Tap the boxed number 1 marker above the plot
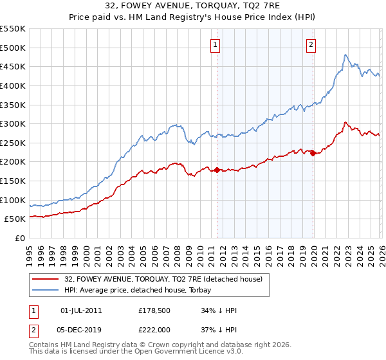214,45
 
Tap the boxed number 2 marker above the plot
311,45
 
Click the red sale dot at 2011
217,170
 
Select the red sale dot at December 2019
313,154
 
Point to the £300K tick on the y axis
13,123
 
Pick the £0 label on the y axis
21,239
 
